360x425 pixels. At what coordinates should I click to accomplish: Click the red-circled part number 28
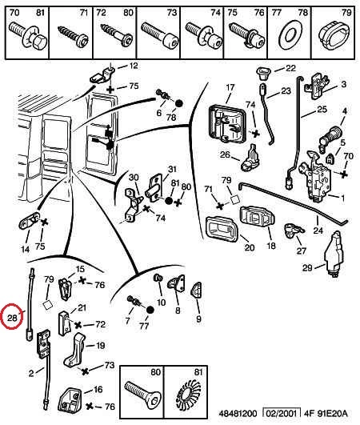(12, 318)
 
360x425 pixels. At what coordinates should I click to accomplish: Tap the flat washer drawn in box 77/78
(290, 35)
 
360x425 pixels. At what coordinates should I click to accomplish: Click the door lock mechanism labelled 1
(314, 176)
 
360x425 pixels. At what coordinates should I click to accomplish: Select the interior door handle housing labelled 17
(227, 123)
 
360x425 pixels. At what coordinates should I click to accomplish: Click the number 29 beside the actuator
(307, 268)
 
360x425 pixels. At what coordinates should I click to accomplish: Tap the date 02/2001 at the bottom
(281, 414)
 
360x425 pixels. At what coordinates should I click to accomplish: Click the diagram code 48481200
(238, 414)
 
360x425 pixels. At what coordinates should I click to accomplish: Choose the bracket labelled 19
(74, 350)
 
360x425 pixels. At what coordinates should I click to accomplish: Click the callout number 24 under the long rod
(318, 231)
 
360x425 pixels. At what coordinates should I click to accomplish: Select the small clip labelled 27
(293, 231)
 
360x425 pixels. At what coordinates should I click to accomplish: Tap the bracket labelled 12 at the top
(102, 75)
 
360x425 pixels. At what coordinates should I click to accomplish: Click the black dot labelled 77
(150, 310)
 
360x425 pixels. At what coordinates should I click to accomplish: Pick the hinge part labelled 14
(29, 222)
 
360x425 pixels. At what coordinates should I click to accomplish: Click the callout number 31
(172, 169)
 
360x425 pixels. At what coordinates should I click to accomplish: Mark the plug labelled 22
(262, 73)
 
